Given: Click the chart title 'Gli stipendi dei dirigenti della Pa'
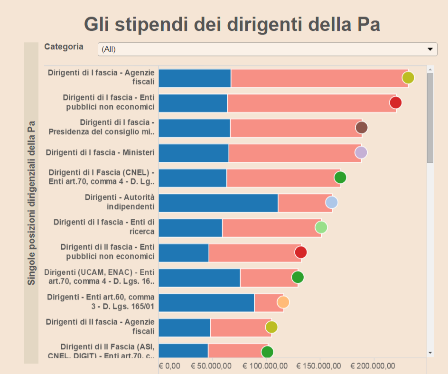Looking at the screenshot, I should [232, 24].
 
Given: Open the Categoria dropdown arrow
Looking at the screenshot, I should [430, 49].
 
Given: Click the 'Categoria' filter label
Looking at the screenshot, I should [64, 47].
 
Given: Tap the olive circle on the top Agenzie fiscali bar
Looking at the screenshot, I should [408, 78].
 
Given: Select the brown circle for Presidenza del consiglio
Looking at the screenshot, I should [362, 127].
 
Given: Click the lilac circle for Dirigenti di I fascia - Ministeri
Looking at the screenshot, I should [361, 152].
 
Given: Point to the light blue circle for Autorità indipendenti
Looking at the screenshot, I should [332, 202].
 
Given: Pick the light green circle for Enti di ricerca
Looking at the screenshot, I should [321, 227].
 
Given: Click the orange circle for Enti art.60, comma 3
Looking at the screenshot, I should [283, 302].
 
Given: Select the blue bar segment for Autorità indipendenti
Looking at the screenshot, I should [218, 203].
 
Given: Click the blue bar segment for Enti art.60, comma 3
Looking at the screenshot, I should [206, 302].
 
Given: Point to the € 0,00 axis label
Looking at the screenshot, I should [169, 366].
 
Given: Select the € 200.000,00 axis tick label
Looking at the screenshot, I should [373, 366].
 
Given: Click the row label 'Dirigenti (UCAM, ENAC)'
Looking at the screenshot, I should [99, 277].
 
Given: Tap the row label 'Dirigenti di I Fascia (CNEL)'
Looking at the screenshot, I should [101, 177].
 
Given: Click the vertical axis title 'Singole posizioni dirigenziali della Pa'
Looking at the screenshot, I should [31, 203].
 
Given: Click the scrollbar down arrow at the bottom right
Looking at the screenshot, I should [430, 353].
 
